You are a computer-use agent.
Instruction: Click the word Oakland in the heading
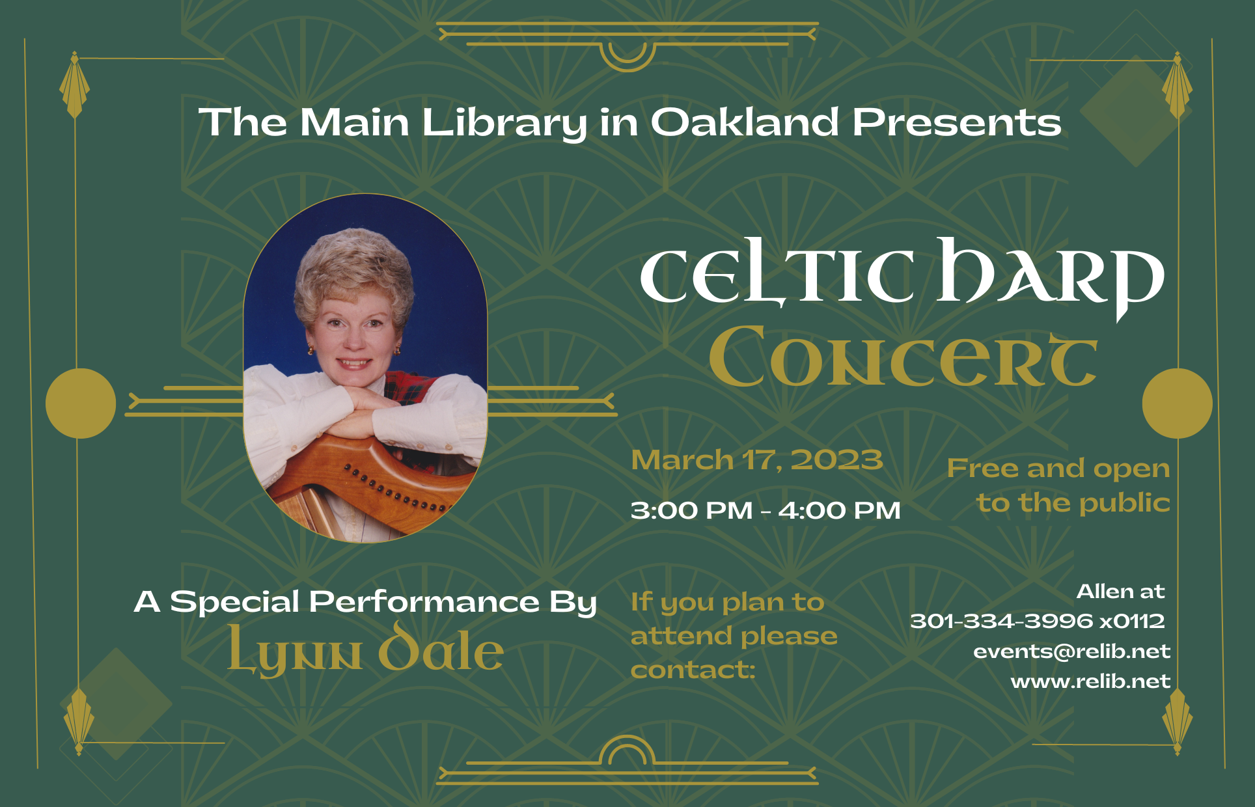745,122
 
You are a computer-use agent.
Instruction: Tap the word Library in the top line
504,123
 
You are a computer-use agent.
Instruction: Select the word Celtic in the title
777,273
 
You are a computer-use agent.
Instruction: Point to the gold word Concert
903,357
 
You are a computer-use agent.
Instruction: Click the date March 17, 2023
757,460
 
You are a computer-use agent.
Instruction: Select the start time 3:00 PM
691,510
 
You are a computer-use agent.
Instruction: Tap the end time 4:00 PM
839,510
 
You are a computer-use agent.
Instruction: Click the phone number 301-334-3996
1001,621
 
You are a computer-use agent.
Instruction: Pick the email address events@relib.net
1071,651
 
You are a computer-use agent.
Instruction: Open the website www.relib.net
1090,681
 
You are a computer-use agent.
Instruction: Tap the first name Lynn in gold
294,651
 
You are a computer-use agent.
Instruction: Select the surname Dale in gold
441,647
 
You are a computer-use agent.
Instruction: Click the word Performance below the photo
424,601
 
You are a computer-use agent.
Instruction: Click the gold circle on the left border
81,403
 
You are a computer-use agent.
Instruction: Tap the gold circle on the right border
1177,403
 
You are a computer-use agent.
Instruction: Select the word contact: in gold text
693,670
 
